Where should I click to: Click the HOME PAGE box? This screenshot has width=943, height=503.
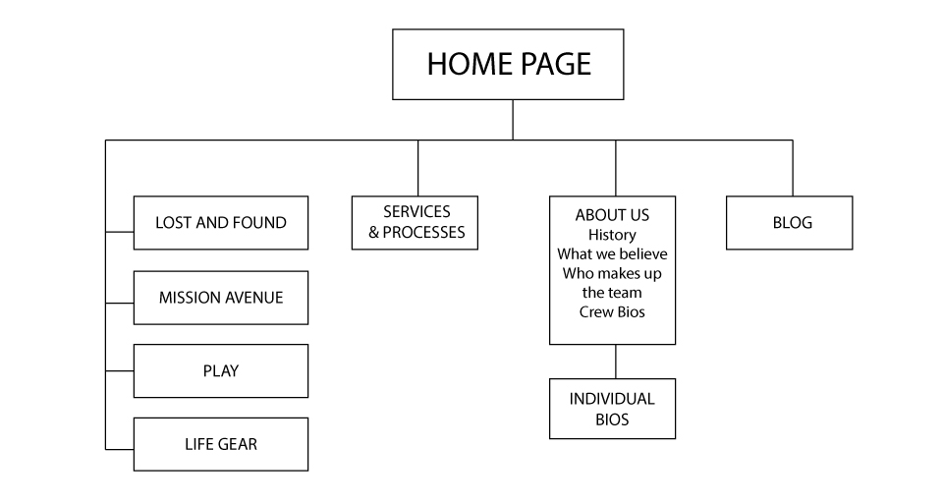pyautogui.click(x=508, y=65)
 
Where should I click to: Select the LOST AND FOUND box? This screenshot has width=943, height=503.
pyautogui.click(x=221, y=223)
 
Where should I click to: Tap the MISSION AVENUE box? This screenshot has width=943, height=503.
pyautogui.click(x=221, y=298)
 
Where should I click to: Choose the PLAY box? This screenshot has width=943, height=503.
pyautogui.click(x=221, y=371)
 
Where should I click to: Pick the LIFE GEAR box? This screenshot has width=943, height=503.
pyautogui.click(x=221, y=445)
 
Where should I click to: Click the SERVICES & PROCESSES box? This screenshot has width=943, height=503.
pyautogui.click(x=415, y=223)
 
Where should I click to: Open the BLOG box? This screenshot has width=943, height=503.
pyautogui.click(x=790, y=223)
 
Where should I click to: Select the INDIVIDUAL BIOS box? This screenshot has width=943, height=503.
pyautogui.click(x=612, y=409)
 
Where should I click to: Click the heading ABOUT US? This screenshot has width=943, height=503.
pyautogui.click(x=612, y=215)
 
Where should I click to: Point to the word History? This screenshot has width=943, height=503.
pyautogui.click(x=612, y=235)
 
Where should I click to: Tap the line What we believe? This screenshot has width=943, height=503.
pyautogui.click(x=612, y=253)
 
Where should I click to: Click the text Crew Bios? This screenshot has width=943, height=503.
pyautogui.click(x=612, y=311)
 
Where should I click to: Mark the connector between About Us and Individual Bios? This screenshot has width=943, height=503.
pyautogui.click(x=616, y=362)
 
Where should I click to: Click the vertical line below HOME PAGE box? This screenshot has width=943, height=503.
pyautogui.click(x=513, y=120)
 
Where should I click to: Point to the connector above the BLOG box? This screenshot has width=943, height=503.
pyautogui.click(x=793, y=168)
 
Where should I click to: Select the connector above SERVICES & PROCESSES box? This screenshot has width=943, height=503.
pyautogui.click(x=418, y=168)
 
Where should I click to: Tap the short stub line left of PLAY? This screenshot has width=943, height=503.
pyautogui.click(x=120, y=371)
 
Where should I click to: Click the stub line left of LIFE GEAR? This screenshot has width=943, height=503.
pyautogui.click(x=120, y=449)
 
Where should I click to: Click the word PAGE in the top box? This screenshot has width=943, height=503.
pyautogui.click(x=556, y=64)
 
